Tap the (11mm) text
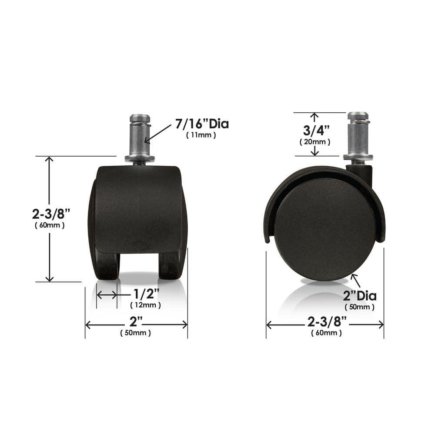(201, 135)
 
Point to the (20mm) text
(315, 142)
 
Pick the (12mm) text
(146, 305)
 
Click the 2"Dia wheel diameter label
(360, 296)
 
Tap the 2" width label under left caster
(136, 322)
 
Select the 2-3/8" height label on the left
(49, 214)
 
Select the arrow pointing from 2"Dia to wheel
(355, 280)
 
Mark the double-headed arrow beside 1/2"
(107, 295)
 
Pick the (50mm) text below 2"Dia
(360, 307)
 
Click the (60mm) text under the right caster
(326, 333)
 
